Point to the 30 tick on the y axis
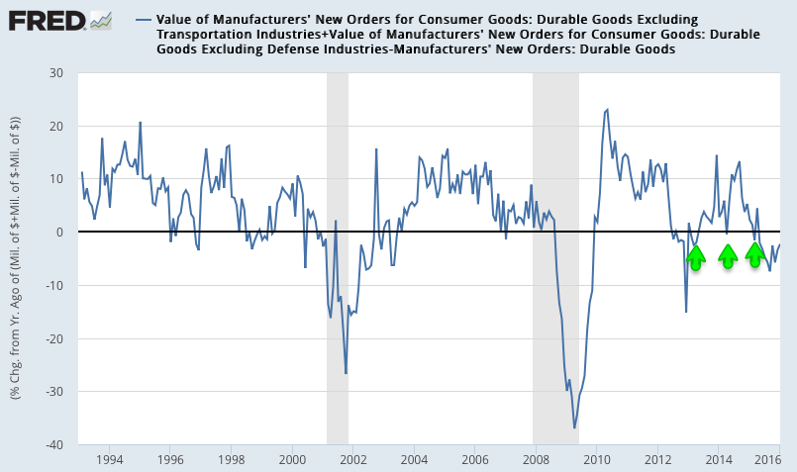point(55,73)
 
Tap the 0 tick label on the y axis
point(59,233)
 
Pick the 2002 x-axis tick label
point(353,460)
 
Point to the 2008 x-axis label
point(536,460)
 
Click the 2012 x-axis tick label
point(657,460)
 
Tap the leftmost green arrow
point(696,258)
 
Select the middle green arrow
point(728,257)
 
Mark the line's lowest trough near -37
point(574,427)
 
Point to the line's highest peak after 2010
point(607,109)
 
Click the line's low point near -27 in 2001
point(346,373)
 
